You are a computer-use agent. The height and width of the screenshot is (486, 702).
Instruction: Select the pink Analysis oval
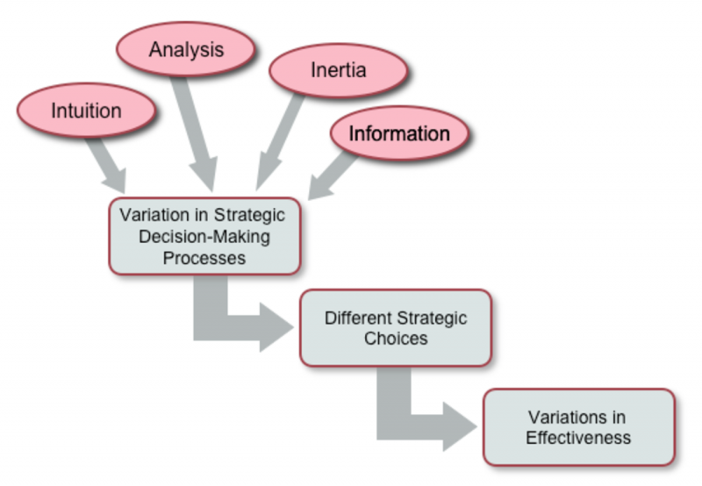point(186,50)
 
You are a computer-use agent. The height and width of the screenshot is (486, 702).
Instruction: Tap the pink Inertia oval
point(338,70)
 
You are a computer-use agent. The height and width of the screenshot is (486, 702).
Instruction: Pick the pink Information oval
point(399,134)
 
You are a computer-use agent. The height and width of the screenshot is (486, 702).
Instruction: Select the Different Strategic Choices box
point(396,327)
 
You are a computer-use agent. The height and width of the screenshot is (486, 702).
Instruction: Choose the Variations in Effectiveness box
point(578,426)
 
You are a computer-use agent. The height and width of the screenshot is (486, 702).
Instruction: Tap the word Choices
point(396,338)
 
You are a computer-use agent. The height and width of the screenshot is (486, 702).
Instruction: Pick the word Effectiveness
point(578,437)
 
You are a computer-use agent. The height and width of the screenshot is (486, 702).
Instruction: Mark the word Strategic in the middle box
point(433,317)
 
